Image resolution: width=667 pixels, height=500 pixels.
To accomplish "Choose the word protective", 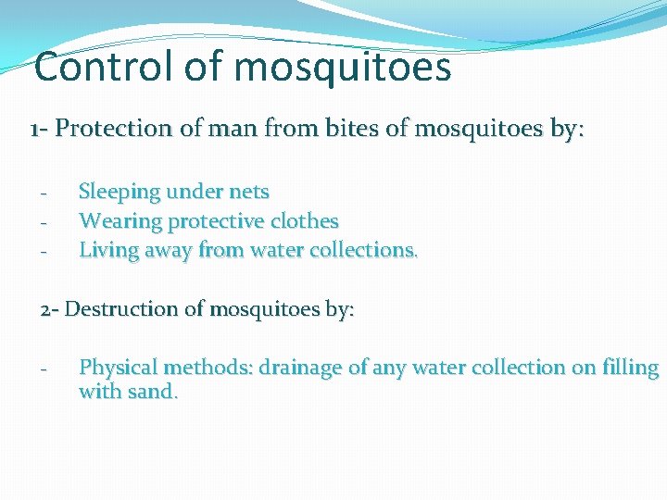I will point(218,221).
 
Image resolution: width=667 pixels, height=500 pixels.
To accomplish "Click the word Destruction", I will point(129,308).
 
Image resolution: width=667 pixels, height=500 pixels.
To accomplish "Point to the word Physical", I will point(119,368).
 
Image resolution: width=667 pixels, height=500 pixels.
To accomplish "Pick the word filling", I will point(630,368).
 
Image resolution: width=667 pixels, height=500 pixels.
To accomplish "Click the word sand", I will point(153,392).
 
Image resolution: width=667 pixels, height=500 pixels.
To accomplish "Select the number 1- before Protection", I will point(39,129).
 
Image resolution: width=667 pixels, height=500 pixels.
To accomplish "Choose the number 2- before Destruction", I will point(50,308).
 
